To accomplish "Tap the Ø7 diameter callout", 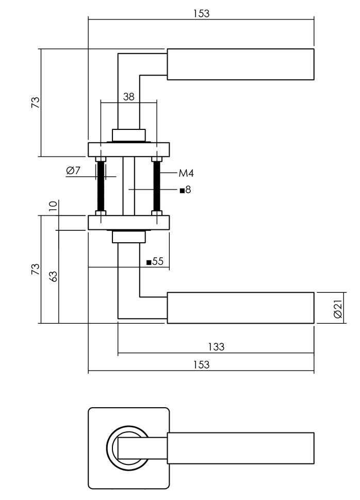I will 74,171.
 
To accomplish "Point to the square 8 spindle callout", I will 185,190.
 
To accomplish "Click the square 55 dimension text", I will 155,262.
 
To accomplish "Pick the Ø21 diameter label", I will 338,308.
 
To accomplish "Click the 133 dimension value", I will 217,347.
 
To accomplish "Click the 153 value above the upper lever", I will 201,13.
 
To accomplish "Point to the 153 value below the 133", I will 201,365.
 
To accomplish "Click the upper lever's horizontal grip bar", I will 240,64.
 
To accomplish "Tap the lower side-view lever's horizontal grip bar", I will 240,308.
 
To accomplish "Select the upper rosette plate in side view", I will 129,149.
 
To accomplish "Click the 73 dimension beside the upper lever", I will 35,102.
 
